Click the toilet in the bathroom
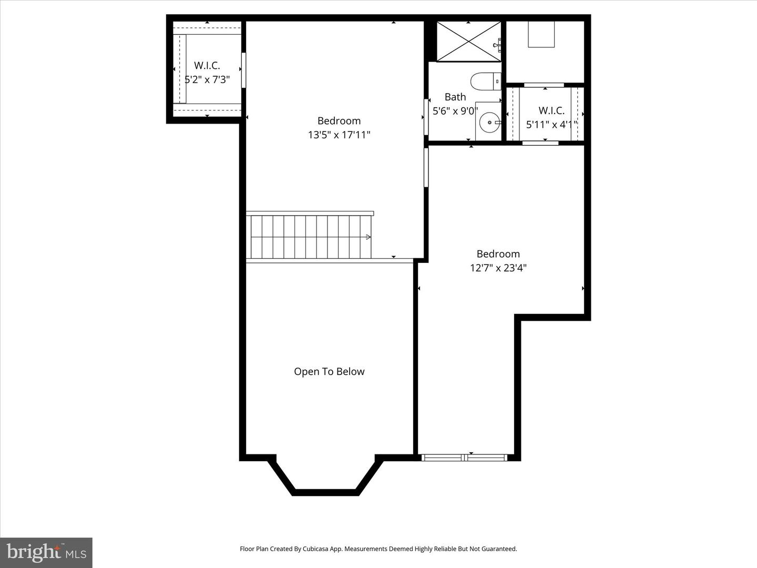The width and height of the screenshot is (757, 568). (485, 82)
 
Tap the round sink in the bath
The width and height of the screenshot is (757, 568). (489, 123)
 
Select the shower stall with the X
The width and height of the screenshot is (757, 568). (468, 42)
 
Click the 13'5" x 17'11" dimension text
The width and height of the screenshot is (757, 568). (339, 135)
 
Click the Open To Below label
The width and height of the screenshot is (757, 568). (329, 372)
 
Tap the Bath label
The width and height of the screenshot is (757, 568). (455, 97)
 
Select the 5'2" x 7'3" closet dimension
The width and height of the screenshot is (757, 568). (207, 80)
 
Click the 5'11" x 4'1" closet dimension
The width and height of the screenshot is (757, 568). (551, 125)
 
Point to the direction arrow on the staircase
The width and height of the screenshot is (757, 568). (368, 237)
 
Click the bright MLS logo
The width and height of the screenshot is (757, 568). (46, 552)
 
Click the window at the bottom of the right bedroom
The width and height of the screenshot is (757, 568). (465, 458)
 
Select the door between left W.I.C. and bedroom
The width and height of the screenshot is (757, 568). (243, 70)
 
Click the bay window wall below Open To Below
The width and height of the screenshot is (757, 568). (325, 492)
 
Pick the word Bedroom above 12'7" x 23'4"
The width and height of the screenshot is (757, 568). (498, 254)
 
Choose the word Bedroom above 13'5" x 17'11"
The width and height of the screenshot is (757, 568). (339, 121)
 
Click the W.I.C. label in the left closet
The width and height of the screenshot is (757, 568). (207, 66)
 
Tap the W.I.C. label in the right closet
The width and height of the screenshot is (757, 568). (551, 110)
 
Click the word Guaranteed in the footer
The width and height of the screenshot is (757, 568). (499, 549)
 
